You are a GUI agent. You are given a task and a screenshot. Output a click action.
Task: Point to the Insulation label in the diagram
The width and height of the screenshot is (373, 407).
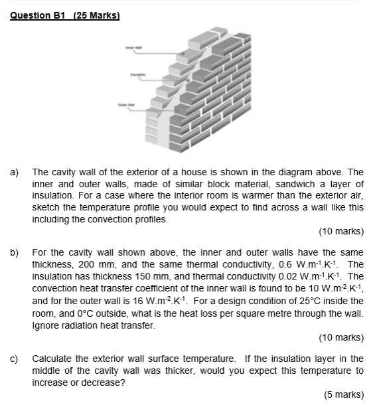tap(138, 76)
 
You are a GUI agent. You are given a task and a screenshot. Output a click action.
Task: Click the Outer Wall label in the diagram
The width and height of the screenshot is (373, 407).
tap(126, 105)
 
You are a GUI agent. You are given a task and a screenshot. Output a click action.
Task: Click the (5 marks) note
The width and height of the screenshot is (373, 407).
tap(344, 394)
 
